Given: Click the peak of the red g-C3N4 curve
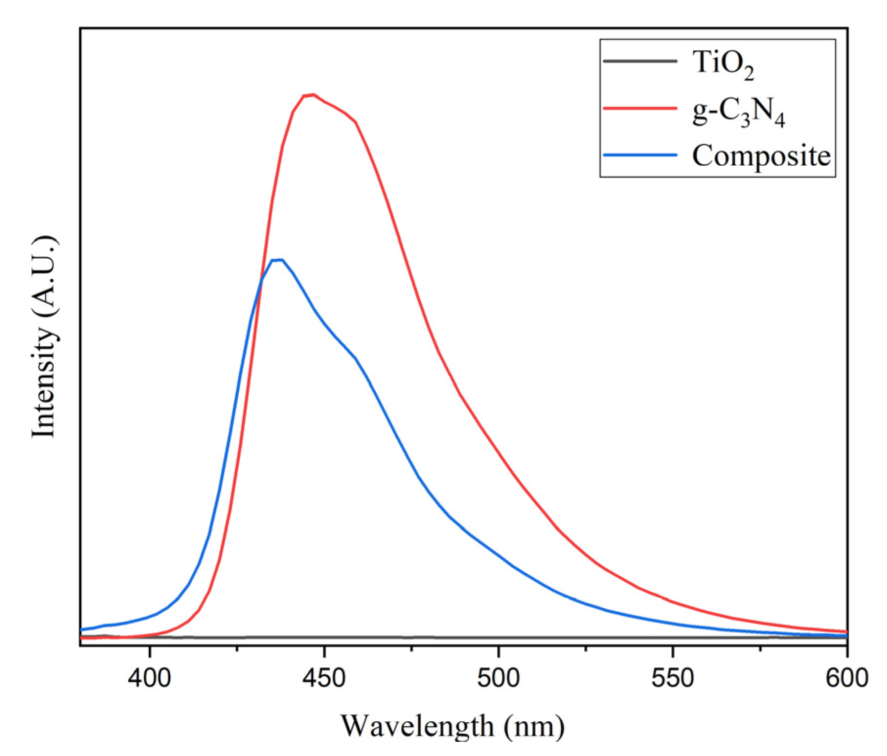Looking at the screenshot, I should coord(312,95).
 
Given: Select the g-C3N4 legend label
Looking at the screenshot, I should coord(738,113).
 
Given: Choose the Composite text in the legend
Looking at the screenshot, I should coord(761,156).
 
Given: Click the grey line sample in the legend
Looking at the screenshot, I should coord(640,61).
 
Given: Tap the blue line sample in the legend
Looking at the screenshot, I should coord(640,155).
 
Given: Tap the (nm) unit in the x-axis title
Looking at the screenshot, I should coord(534,726).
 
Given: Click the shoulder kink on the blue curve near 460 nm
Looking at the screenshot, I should coord(356,358).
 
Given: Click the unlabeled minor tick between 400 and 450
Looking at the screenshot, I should coord(237,649).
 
